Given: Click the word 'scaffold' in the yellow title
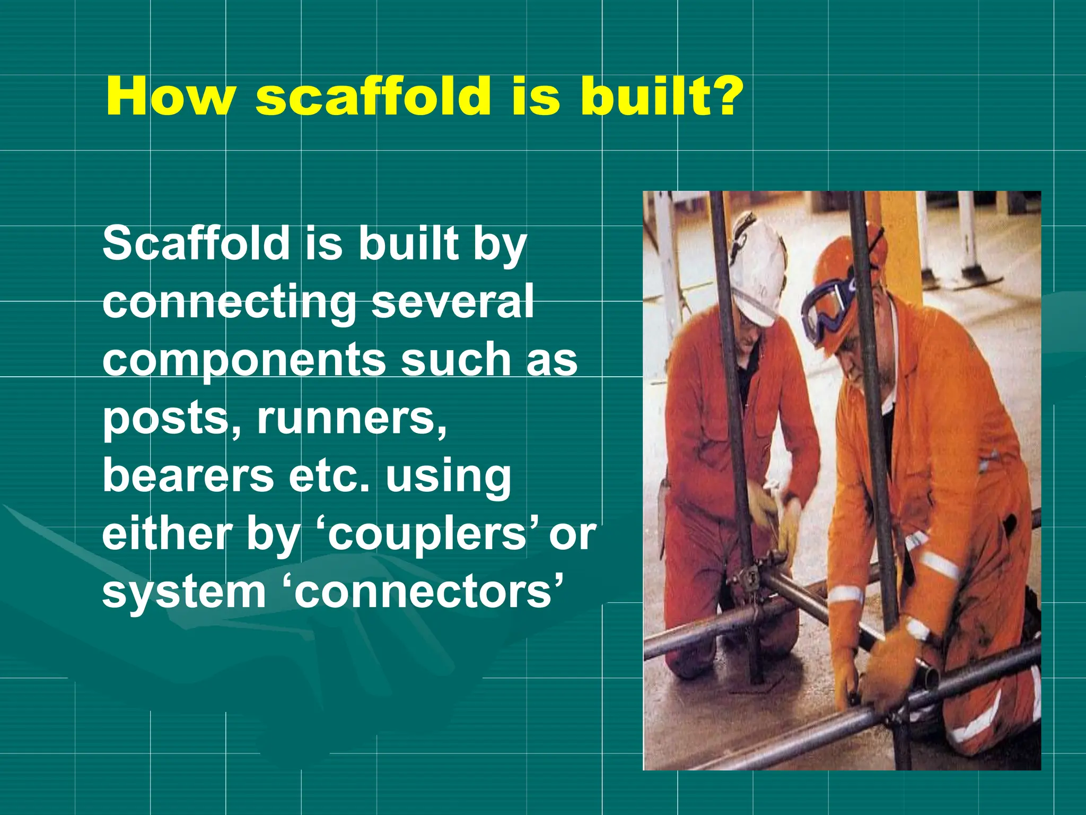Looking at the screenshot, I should [373, 97].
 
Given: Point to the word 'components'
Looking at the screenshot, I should [244, 361].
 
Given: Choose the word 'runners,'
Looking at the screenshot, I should [352, 418].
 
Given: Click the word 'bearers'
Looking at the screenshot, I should [188, 475].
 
